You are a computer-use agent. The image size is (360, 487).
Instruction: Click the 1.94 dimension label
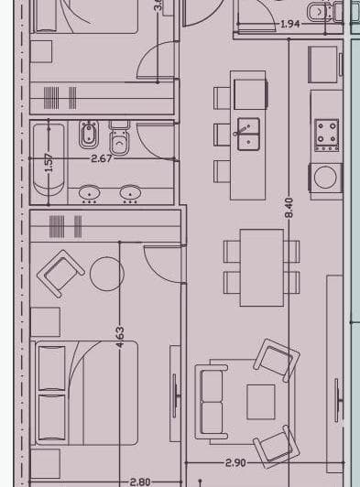[x=290, y=25]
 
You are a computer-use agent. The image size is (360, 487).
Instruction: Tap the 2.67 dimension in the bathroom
[x=102, y=158]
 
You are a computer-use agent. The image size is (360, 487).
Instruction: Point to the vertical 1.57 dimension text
[x=49, y=162]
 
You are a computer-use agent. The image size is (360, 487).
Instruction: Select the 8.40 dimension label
[x=289, y=207]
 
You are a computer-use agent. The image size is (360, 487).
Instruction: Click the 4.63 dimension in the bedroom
[x=120, y=337]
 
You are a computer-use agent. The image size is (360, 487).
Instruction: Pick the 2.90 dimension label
[x=236, y=463]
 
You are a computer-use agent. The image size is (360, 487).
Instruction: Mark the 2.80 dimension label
[x=139, y=482]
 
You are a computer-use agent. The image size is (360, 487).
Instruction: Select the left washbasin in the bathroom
[x=90, y=192]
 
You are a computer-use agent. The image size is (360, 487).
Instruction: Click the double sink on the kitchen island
[x=248, y=134]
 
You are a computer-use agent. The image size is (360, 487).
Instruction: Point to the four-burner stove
[x=327, y=134]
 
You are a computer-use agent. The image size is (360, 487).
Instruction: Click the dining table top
[x=262, y=266]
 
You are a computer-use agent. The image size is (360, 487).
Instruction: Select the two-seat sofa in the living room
[x=212, y=400]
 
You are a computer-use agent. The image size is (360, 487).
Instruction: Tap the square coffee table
[x=261, y=400]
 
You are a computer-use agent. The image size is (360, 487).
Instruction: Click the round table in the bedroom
[x=106, y=273]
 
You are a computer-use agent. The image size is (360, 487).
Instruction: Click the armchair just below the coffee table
[x=274, y=446]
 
